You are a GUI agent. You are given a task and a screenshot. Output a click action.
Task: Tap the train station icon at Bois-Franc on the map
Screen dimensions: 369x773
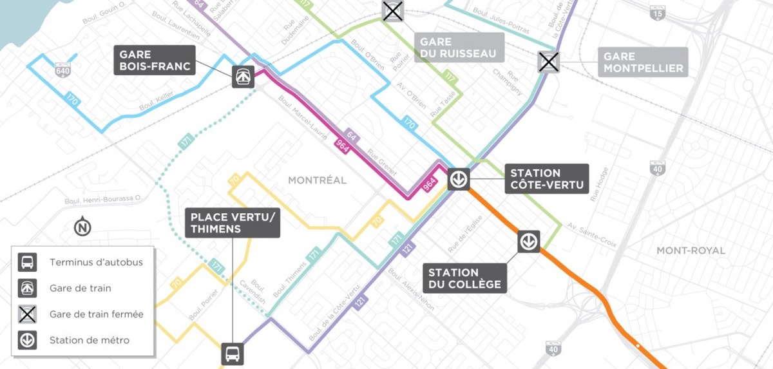tap(243, 77)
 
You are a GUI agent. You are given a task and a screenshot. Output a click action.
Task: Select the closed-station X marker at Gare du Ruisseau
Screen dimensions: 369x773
tap(392, 11)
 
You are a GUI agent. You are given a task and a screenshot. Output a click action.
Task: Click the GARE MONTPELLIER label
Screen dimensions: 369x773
tap(642, 62)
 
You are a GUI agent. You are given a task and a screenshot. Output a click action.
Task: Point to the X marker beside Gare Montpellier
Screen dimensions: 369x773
tap(549, 62)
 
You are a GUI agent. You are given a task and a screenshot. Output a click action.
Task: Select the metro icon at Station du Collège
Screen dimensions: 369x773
tap(529, 241)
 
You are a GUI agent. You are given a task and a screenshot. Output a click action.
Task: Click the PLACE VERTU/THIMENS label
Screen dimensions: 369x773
tap(233, 223)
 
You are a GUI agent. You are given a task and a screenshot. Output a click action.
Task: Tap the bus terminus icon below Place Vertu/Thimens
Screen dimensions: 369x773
tap(233, 354)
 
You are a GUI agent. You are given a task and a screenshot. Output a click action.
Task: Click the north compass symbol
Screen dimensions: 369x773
tap(82, 227)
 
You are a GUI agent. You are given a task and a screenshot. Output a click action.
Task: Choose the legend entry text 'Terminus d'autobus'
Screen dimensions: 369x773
tap(96, 262)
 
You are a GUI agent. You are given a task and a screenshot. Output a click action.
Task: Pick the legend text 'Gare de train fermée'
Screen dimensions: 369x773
tap(96, 314)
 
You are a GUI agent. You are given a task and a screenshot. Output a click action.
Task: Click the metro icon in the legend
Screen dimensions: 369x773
tap(28, 340)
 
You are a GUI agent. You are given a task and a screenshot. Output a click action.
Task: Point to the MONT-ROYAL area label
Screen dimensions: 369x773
tap(691, 251)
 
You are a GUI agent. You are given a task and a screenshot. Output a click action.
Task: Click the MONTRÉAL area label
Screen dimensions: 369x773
tap(317, 180)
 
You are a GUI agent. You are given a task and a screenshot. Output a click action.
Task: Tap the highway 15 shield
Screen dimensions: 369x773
tap(657, 12)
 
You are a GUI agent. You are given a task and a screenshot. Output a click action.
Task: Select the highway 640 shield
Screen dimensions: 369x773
tap(62, 69)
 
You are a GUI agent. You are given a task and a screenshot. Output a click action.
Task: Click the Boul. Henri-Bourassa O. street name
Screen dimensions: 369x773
tap(103, 200)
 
